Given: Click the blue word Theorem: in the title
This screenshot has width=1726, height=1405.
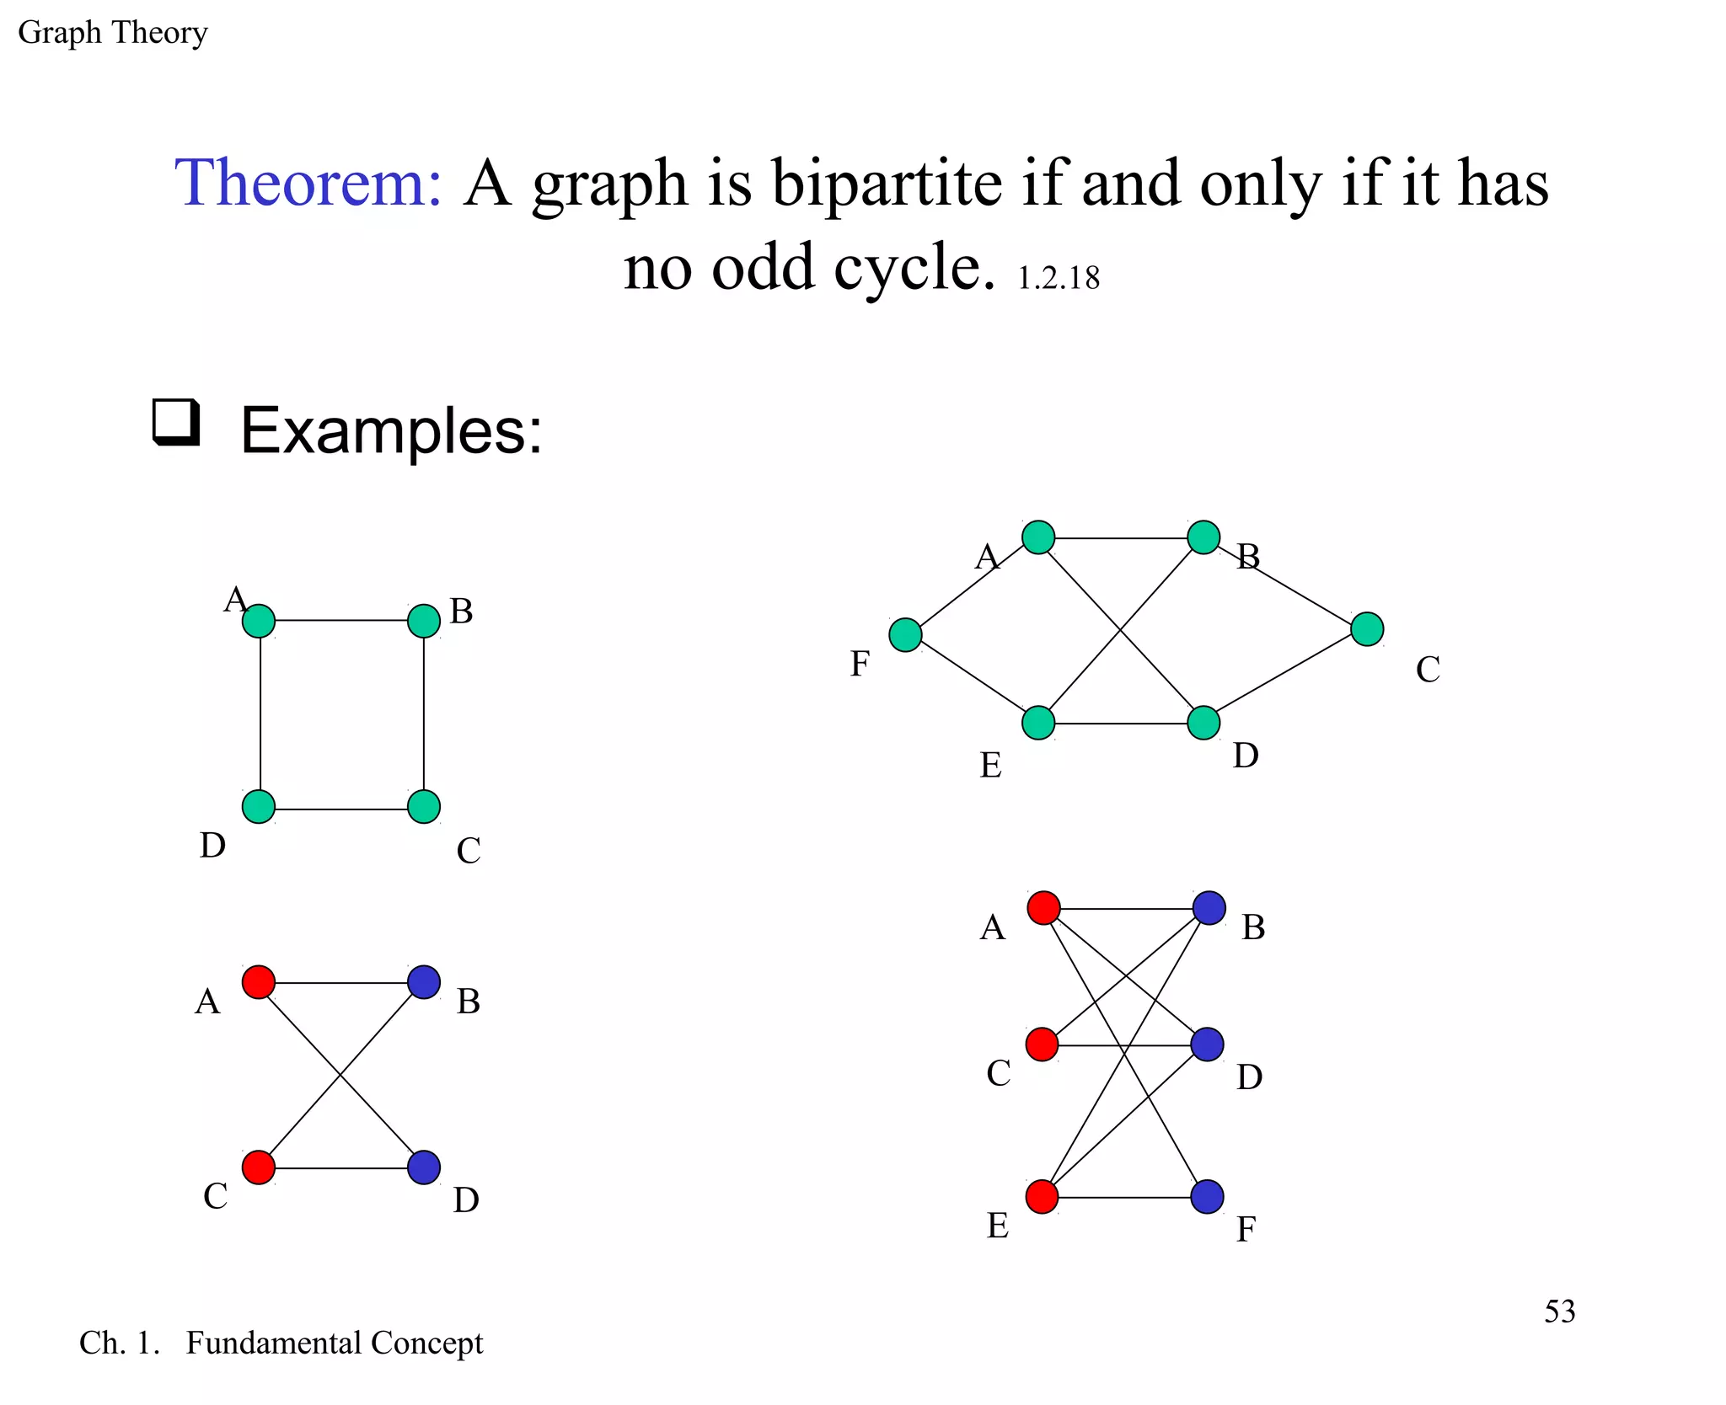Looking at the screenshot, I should pyautogui.click(x=308, y=183).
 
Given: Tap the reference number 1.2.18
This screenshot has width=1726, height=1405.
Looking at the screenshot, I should pyautogui.click(x=1059, y=279).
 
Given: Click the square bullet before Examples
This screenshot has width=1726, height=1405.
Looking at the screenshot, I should pyautogui.click(x=176, y=422).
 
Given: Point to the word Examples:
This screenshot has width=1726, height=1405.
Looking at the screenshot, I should pyautogui.click(x=391, y=431).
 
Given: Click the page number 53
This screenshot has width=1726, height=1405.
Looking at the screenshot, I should pyautogui.click(x=1559, y=1312).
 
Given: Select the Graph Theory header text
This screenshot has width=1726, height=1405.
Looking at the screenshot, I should pyautogui.click(x=112, y=33).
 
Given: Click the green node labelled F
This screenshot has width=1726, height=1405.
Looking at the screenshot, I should pyautogui.click(x=905, y=635).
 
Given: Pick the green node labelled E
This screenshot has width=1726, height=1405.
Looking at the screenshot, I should pyautogui.click(x=1038, y=723).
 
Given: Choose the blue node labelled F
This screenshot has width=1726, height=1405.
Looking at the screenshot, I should pyautogui.click(x=1207, y=1197).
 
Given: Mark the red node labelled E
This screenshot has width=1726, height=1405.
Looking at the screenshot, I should pyautogui.click(x=1042, y=1197).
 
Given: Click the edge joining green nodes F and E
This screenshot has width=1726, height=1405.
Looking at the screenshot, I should pyautogui.click(x=972, y=679).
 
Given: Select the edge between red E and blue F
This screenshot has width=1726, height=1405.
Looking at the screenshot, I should pyautogui.click(x=1124, y=1198).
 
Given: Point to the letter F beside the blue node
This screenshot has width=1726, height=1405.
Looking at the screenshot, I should pyautogui.click(x=1246, y=1231).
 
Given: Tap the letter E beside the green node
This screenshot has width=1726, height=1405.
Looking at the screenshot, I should pyautogui.click(x=990, y=766).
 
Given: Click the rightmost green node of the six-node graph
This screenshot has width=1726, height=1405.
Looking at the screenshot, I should pyautogui.click(x=1367, y=629).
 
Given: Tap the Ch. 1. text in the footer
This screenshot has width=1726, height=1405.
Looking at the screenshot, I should pyautogui.click(x=119, y=1343).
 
